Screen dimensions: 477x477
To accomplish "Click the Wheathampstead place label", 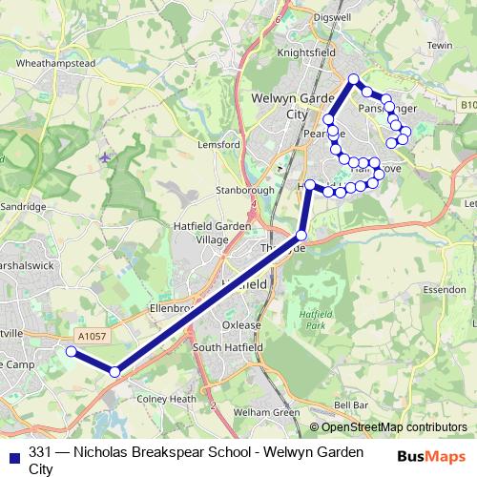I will click(56, 63).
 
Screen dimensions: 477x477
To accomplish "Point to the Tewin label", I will click(440, 45).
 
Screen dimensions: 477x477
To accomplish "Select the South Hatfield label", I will click(227, 348).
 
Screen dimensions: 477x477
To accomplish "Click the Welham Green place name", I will click(267, 413).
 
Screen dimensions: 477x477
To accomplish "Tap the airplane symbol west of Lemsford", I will click(104, 156).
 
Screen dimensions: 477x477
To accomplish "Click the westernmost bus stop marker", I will click(71, 352).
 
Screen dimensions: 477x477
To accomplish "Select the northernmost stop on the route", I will click(353, 79).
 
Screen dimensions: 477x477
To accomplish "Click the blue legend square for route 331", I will click(12, 455).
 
